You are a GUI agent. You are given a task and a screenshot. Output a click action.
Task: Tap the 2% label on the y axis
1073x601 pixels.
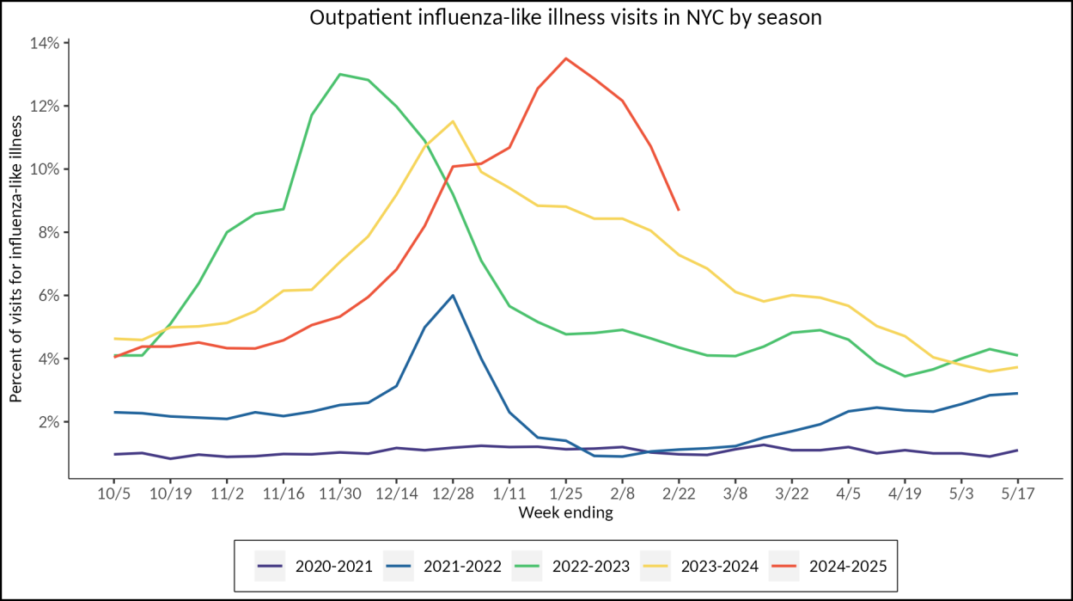coord(49,422)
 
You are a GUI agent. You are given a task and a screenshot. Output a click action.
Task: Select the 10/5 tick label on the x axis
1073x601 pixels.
coord(113,496)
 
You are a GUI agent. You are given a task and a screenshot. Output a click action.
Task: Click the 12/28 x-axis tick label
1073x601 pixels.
coord(453,496)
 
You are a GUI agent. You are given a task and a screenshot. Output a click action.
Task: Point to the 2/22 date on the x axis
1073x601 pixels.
coord(679,496)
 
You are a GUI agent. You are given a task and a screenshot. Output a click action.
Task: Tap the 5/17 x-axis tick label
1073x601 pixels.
coord(1018,496)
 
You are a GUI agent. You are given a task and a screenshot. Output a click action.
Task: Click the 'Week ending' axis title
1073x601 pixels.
coord(565,513)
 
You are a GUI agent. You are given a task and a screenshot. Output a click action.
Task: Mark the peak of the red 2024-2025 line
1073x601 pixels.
coord(565,58)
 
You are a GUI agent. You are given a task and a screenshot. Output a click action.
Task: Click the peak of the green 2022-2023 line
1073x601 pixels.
coord(340,74)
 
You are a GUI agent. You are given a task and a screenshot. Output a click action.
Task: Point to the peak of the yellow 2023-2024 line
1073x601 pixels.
coord(453,121)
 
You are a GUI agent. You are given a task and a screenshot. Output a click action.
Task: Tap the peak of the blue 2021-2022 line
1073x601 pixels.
coord(453,295)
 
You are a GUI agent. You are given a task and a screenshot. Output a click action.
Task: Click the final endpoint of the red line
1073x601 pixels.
coord(679,210)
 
